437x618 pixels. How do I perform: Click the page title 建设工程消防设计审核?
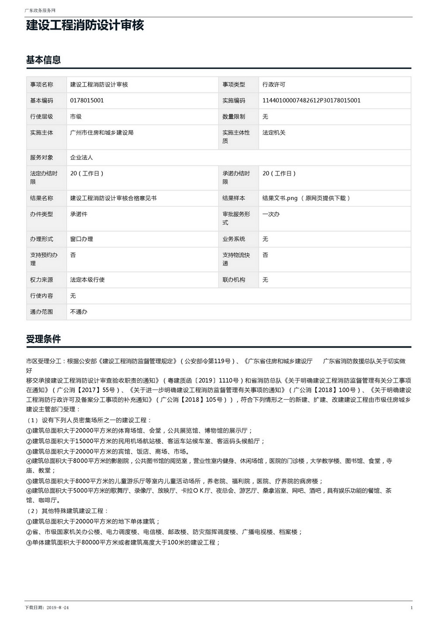coord(85,25)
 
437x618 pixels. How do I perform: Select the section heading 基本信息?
coord(43,60)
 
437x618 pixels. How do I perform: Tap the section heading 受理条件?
coord(43,339)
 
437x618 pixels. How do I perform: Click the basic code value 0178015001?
coord(87,100)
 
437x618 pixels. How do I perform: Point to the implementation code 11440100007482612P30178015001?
coord(311,100)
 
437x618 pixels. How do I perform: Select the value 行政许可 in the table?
coord(274,84)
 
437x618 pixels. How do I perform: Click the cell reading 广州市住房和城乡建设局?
coord(102,132)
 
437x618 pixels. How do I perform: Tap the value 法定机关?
coord(274,132)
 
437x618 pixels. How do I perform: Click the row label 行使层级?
coord(42,117)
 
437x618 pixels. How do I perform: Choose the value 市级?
coord(76,117)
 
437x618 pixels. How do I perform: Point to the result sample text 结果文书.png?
coord(280,198)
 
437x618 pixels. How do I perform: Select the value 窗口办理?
coord(81,239)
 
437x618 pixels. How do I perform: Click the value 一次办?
coord(271,214)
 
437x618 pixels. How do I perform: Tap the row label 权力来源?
coord(42,280)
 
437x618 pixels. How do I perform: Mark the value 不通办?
coord(79,312)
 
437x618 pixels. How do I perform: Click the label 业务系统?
coord(234,239)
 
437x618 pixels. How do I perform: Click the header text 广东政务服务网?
coord(40,10)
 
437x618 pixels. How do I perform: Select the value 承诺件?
coord(79,214)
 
